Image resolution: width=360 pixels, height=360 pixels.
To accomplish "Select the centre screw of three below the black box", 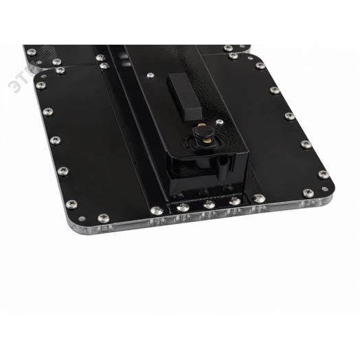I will point(206,205).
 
